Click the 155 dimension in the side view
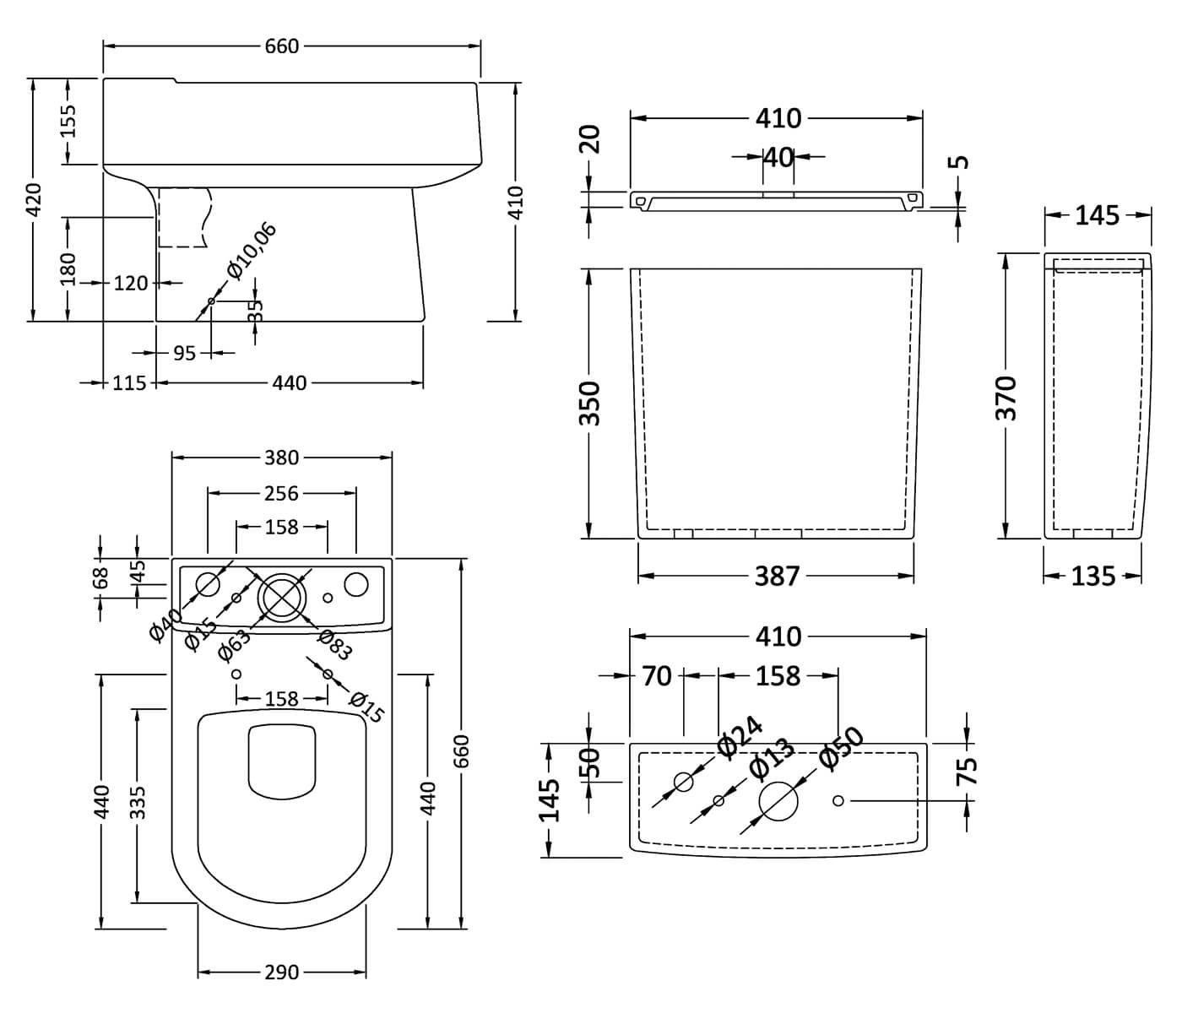(68, 120)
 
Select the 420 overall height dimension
(34, 200)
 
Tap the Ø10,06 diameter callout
(252, 251)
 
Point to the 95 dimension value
(184, 353)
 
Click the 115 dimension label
(129, 383)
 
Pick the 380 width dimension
(281, 458)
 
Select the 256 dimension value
(281, 493)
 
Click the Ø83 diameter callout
(334, 646)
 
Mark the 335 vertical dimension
(138, 803)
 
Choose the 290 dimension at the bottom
(281, 972)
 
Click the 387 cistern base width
(776, 577)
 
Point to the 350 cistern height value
(590, 403)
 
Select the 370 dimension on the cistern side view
(1006, 398)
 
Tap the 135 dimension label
(1093, 577)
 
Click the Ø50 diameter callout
(841, 748)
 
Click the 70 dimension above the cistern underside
(657, 675)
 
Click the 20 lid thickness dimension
(591, 138)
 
